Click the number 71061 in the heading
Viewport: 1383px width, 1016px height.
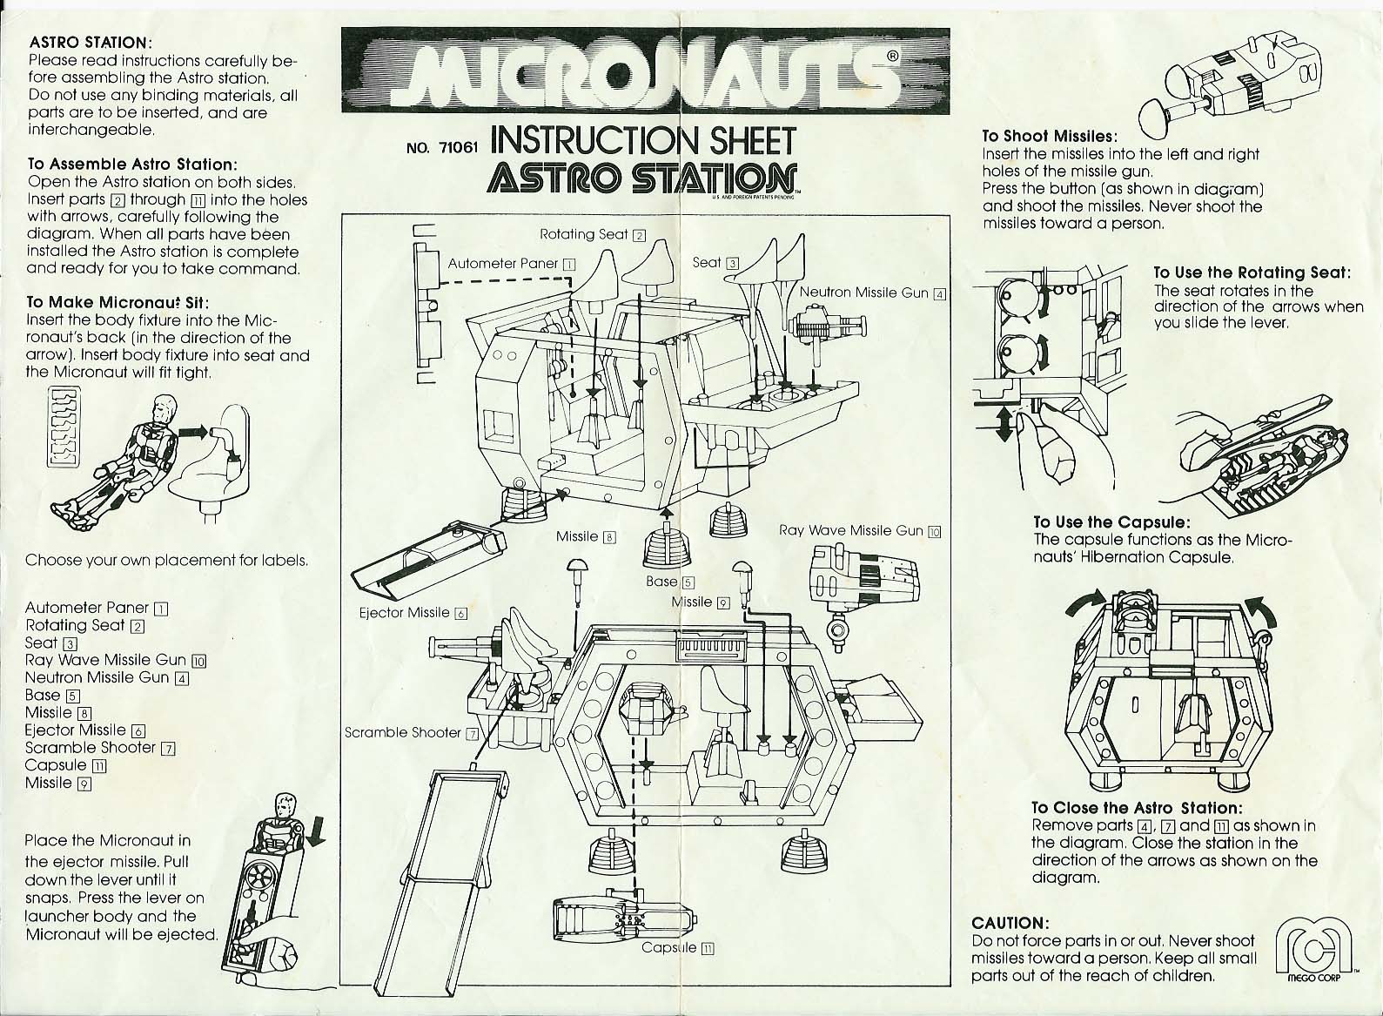coord(459,147)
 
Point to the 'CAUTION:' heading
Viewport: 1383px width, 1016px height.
coord(1010,923)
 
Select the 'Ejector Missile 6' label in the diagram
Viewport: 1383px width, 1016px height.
coord(413,613)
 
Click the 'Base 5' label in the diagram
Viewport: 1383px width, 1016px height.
coord(669,582)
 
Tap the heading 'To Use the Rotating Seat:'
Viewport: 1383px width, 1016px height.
coord(1252,273)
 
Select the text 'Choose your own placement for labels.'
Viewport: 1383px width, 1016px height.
coord(166,561)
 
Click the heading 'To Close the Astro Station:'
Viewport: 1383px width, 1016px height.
coord(1136,808)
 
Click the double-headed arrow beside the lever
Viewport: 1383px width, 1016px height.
coord(1005,424)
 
